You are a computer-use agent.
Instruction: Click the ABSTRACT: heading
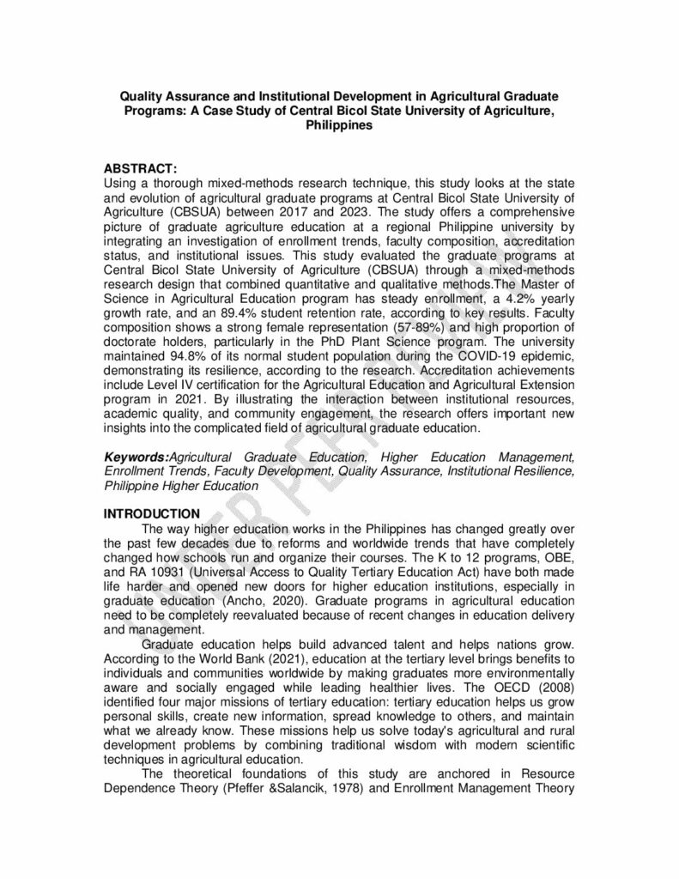tap(140, 170)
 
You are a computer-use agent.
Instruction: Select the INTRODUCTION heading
tap(152, 513)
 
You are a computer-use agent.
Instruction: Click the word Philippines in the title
tap(339, 124)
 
